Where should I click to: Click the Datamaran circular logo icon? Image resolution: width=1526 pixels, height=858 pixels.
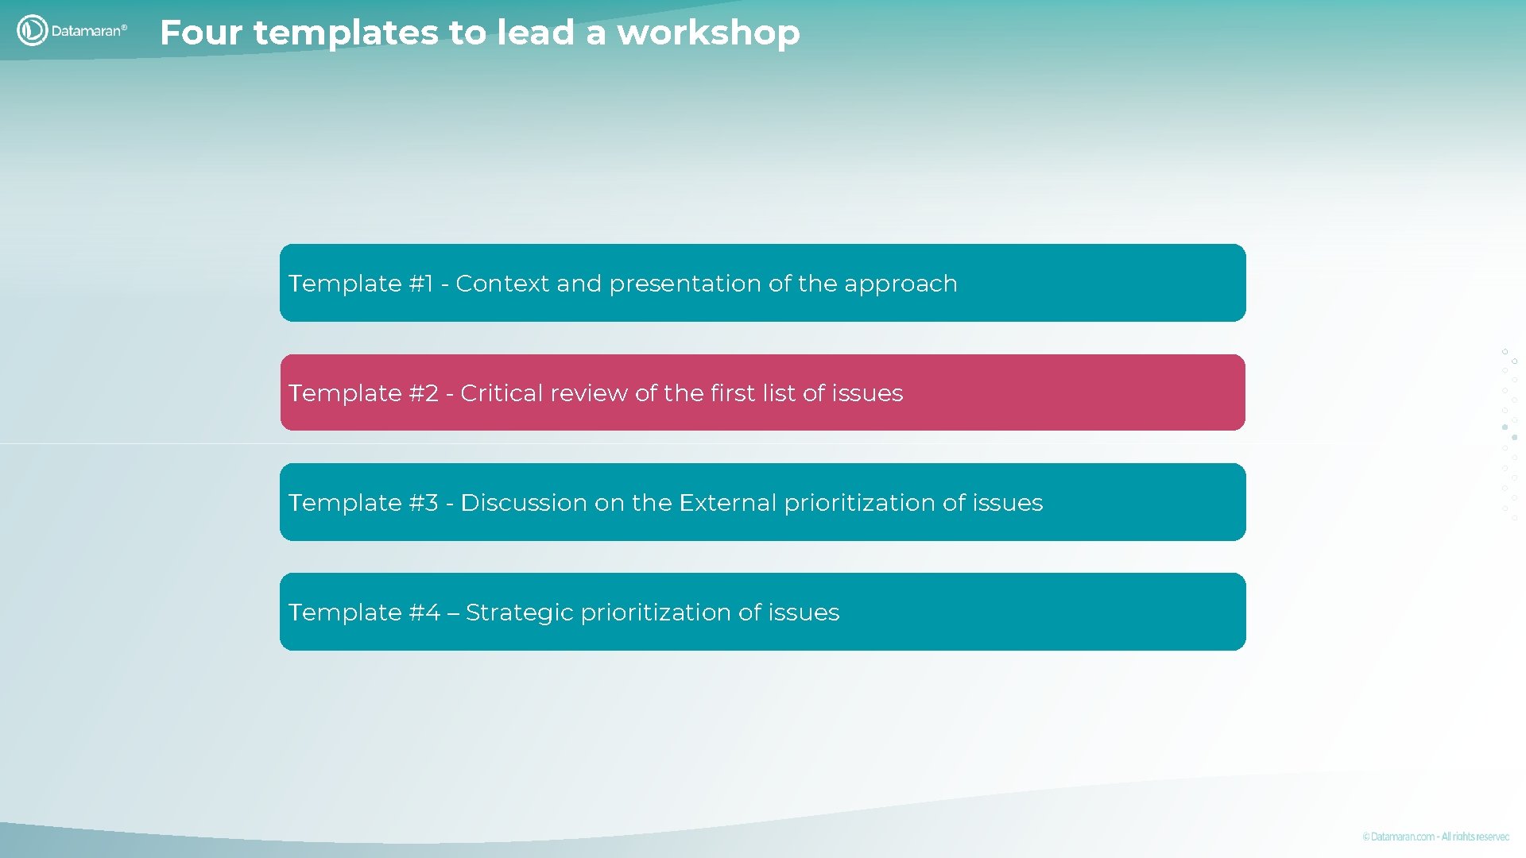(32, 31)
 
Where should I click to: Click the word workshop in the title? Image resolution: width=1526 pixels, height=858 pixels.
(708, 33)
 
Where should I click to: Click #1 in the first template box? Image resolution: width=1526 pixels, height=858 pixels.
(421, 284)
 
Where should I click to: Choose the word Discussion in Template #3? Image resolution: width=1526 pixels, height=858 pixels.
(524, 503)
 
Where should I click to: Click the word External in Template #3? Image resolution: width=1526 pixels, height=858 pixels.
(727, 503)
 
